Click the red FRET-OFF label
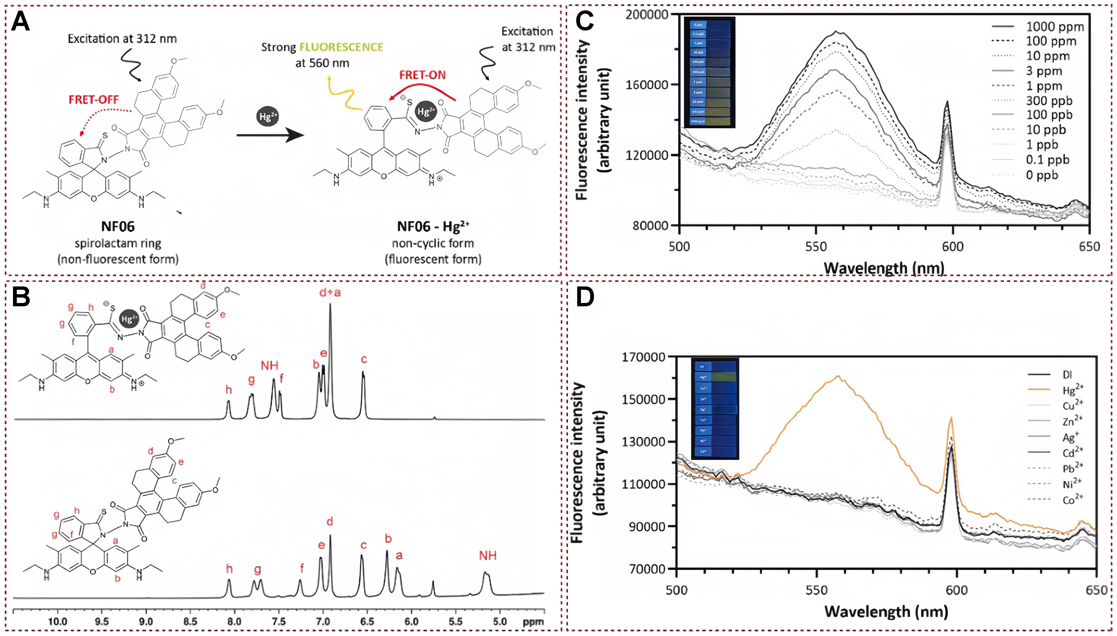pos(94,100)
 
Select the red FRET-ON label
pos(422,75)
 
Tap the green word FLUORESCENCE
pos(341,47)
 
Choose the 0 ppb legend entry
pos(1042,175)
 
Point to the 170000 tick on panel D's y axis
pos(643,357)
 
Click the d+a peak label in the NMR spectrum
pos(330,292)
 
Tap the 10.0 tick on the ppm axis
pos(57,622)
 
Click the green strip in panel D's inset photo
pos(724,376)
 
